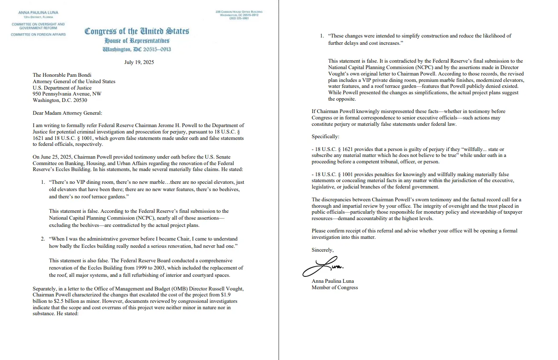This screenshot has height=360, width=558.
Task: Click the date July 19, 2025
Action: pos(139,62)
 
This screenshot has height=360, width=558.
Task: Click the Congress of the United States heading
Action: pos(137,31)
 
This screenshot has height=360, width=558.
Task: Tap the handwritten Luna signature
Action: pos(323,267)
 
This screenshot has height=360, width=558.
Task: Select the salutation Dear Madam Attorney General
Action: pos(68,113)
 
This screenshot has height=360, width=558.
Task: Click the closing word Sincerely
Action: pos(323,250)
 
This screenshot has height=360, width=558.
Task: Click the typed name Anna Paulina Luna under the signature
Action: pos(333,281)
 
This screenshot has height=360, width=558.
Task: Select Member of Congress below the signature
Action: pos(334,287)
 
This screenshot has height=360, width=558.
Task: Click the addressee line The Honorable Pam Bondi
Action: pos(61,75)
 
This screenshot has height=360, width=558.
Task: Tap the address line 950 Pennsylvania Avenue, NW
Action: pos(67,94)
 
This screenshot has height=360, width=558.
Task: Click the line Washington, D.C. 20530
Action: pos(60,100)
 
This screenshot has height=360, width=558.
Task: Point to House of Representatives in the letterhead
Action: pos(137,41)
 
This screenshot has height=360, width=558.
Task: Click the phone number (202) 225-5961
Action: pos(238,18)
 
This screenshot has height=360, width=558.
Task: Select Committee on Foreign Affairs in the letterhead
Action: pos(38,34)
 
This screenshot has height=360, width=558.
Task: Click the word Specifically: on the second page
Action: pos(325,137)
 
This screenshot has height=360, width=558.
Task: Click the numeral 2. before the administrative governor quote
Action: pos(43,239)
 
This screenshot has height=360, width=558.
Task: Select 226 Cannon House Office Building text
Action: pos(239,12)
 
